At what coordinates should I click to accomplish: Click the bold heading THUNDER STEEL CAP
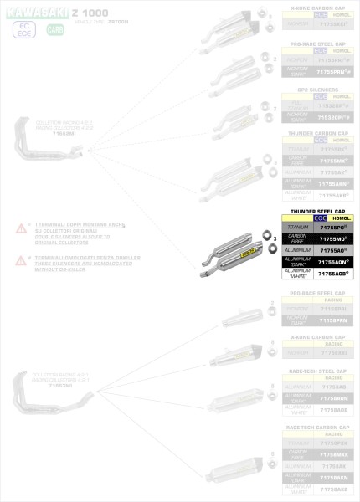[316, 212]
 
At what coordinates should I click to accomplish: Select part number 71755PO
[333, 227]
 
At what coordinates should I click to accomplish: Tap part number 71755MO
[333, 238]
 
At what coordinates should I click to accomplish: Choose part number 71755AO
[333, 250]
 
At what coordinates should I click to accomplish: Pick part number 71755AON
[333, 261]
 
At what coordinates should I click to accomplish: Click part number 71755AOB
[333, 273]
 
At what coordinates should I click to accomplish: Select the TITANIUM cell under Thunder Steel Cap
[297, 227]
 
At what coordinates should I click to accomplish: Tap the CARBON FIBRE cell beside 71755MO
[297, 238]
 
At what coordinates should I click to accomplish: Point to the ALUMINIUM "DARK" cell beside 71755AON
[297, 261]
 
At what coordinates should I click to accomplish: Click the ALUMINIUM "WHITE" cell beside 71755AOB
[297, 273]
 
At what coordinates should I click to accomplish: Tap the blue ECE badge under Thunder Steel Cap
[321, 218]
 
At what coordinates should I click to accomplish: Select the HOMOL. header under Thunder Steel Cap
[342, 218]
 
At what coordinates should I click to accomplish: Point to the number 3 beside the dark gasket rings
[275, 239]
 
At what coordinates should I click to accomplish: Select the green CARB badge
[54, 29]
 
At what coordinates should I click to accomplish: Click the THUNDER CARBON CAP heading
[316, 131]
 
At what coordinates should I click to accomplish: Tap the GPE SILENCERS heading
[316, 88]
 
